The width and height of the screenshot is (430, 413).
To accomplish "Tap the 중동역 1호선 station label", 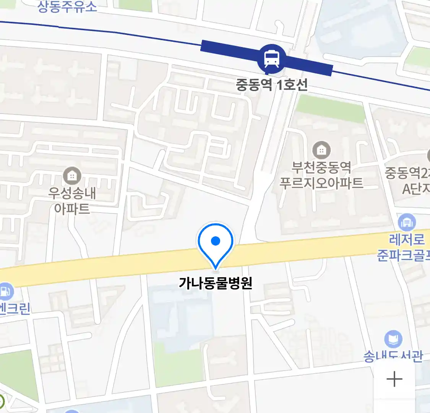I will [271, 85].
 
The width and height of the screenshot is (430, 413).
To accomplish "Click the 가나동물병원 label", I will [216, 283].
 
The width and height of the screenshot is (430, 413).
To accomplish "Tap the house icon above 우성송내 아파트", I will [71, 176].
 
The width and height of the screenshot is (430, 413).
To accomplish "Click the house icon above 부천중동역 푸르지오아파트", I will [321, 150].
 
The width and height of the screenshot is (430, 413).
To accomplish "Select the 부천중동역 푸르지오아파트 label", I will [321, 175].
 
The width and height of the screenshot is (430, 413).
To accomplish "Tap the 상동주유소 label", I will [67, 7].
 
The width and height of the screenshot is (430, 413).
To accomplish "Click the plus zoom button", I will [394, 379].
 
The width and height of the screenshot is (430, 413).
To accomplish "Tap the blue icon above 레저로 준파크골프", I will [407, 222].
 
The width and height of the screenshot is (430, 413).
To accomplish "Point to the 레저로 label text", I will [407, 240].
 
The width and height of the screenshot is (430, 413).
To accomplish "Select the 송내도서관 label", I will [393, 356].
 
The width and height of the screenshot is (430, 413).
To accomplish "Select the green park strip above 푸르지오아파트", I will [331, 107].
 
